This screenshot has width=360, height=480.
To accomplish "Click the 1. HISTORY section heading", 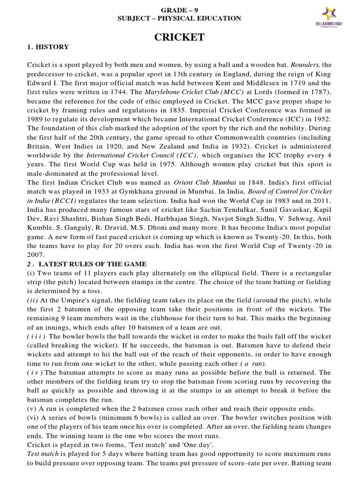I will (48, 47).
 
